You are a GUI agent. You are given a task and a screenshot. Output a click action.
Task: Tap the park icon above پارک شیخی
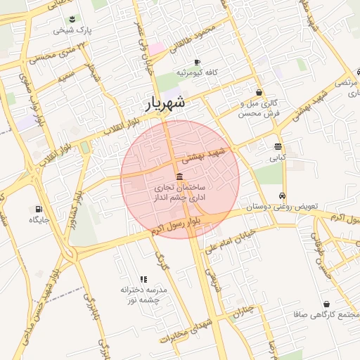75,20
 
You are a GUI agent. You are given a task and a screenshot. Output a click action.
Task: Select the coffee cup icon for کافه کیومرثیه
197,62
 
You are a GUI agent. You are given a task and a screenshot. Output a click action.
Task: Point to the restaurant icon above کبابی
278,147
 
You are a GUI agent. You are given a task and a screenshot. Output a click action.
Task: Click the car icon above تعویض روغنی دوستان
282,195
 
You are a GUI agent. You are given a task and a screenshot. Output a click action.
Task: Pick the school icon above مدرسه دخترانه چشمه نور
143,279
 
